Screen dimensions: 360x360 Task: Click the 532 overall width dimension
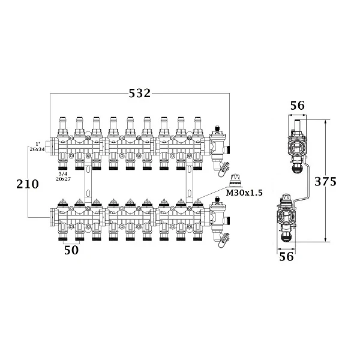[x=140, y=93]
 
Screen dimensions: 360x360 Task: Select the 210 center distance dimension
[x=28, y=184]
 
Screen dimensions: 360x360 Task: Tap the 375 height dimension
[x=325, y=181]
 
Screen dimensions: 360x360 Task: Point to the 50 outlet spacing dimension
[x=71, y=250]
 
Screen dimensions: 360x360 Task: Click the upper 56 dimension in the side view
[x=298, y=106]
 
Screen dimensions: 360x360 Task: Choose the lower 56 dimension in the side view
[x=286, y=256]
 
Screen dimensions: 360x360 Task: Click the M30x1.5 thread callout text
[x=244, y=193]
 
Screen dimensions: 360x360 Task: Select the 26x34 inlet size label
[x=37, y=149]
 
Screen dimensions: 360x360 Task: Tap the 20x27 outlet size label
[x=63, y=179]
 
